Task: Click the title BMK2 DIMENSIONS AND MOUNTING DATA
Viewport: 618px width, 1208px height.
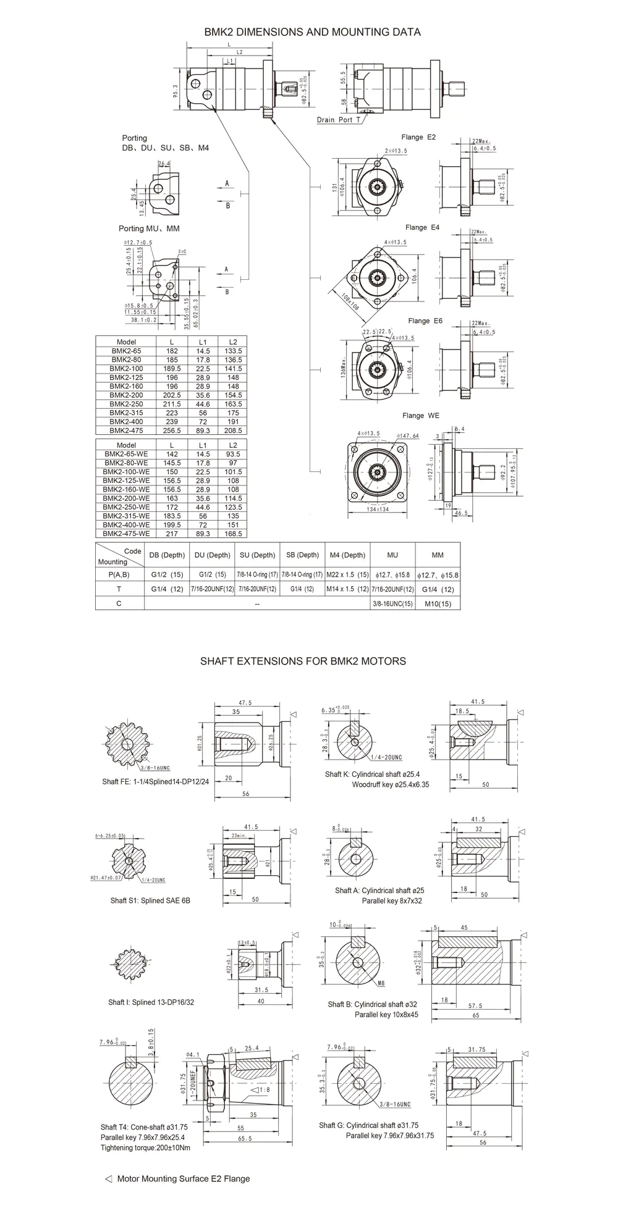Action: pos(312,31)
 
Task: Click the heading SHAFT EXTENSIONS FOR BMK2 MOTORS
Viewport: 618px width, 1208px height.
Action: pos(303,661)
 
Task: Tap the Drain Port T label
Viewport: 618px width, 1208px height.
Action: pos(338,120)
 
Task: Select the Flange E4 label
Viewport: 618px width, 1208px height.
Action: pos(423,227)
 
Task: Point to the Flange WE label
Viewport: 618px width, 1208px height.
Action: pos(421,416)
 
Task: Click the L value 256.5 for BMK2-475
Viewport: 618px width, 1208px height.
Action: pos(172,430)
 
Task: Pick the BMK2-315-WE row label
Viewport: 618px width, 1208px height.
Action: pos(126,516)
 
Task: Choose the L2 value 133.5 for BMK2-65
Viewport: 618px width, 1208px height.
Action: pos(233,351)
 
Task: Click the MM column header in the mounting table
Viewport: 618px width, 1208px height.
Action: pos(438,555)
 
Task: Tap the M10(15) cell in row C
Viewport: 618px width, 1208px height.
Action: pos(438,603)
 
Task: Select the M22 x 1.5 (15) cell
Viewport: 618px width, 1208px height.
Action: pos(347,574)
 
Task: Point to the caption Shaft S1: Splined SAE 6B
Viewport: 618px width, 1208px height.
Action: pos(150,900)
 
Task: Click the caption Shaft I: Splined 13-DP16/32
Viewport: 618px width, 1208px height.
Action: pos(151,1002)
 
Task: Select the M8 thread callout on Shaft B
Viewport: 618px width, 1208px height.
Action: pos(381,982)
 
